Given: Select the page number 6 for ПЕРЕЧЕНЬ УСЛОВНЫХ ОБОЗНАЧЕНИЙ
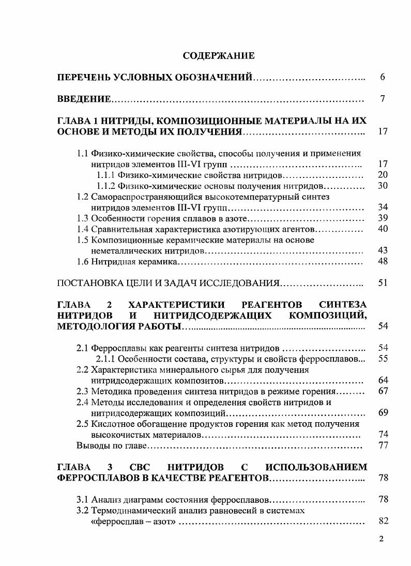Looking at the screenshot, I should (383, 78).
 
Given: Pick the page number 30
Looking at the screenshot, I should (383, 186).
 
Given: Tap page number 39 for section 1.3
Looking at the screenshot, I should (383, 218).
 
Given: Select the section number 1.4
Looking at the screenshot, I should (83, 229).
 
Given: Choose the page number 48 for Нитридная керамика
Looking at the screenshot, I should (383, 262).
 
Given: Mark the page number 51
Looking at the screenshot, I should (383, 284).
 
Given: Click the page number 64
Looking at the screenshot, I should (383, 381).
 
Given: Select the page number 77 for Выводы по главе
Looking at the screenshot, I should (383, 445).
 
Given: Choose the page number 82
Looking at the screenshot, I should (383, 522).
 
